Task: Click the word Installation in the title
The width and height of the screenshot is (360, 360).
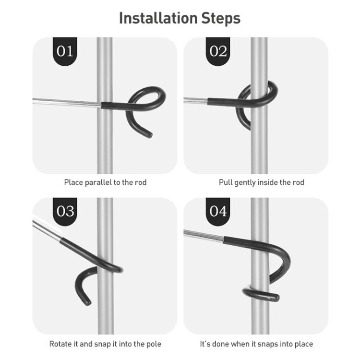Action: click(158, 18)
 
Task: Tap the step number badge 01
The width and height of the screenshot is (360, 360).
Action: click(65, 51)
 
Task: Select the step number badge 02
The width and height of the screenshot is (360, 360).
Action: click(218, 51)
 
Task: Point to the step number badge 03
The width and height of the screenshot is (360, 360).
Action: click(65, 212)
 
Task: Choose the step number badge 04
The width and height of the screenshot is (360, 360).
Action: click(218, 212)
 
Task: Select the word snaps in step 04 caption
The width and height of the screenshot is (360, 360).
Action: click(266, 344)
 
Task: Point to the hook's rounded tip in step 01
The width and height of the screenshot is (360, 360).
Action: click(149, 134)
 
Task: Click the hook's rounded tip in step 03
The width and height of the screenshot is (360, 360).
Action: click(87, 302)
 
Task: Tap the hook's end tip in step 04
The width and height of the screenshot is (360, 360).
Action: click(276, 298)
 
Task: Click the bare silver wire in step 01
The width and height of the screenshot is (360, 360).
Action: click(67, 102)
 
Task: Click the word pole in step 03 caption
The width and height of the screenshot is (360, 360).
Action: click(154, 344)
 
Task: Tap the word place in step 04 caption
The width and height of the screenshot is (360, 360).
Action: click(304, 344)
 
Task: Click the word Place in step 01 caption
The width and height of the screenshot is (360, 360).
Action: click(73, 182)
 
